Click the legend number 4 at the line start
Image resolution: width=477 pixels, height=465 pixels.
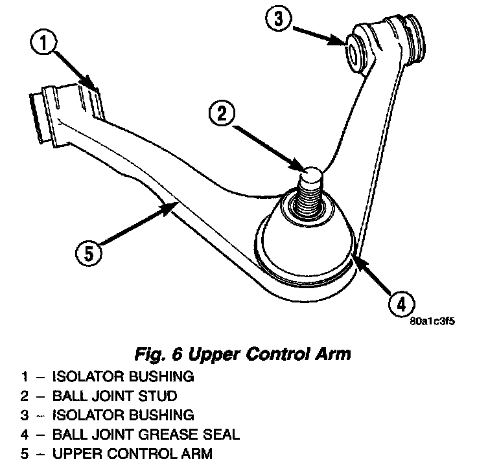[x=24, y=433]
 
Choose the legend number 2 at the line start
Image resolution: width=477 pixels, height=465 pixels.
[x=24, y=394]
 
